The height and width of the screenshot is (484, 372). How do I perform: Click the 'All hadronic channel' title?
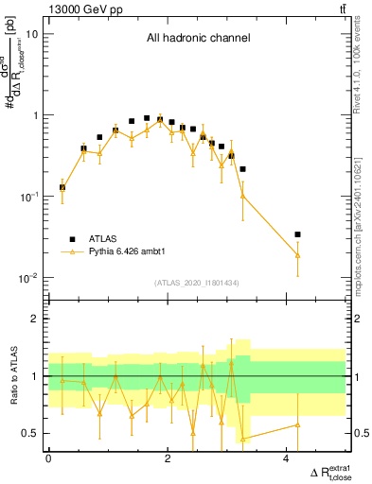198,39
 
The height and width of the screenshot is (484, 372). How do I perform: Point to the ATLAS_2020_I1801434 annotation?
198,284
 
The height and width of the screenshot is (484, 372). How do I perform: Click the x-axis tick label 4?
287,458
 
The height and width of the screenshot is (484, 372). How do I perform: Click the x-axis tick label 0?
48,458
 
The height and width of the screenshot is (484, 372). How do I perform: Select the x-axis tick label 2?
168,458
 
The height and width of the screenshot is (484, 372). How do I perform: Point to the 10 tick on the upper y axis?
32,34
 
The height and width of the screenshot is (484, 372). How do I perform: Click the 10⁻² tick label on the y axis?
28,278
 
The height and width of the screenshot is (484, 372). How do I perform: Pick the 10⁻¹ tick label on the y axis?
28,197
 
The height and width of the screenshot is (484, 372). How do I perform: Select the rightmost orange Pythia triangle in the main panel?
297,255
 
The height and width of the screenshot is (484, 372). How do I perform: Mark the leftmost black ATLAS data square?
62,187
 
